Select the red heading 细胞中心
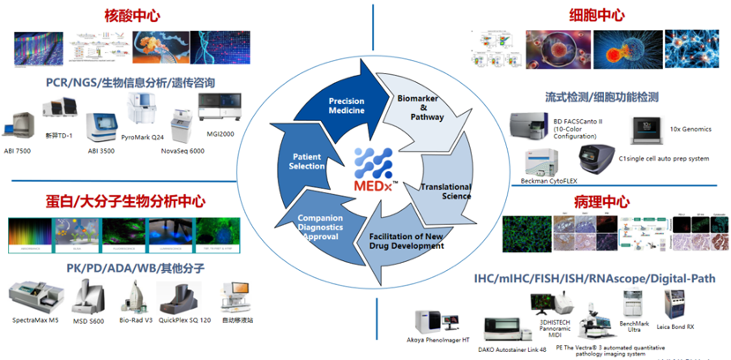(x=597, y=15)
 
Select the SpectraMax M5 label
(x=37, y=319)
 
